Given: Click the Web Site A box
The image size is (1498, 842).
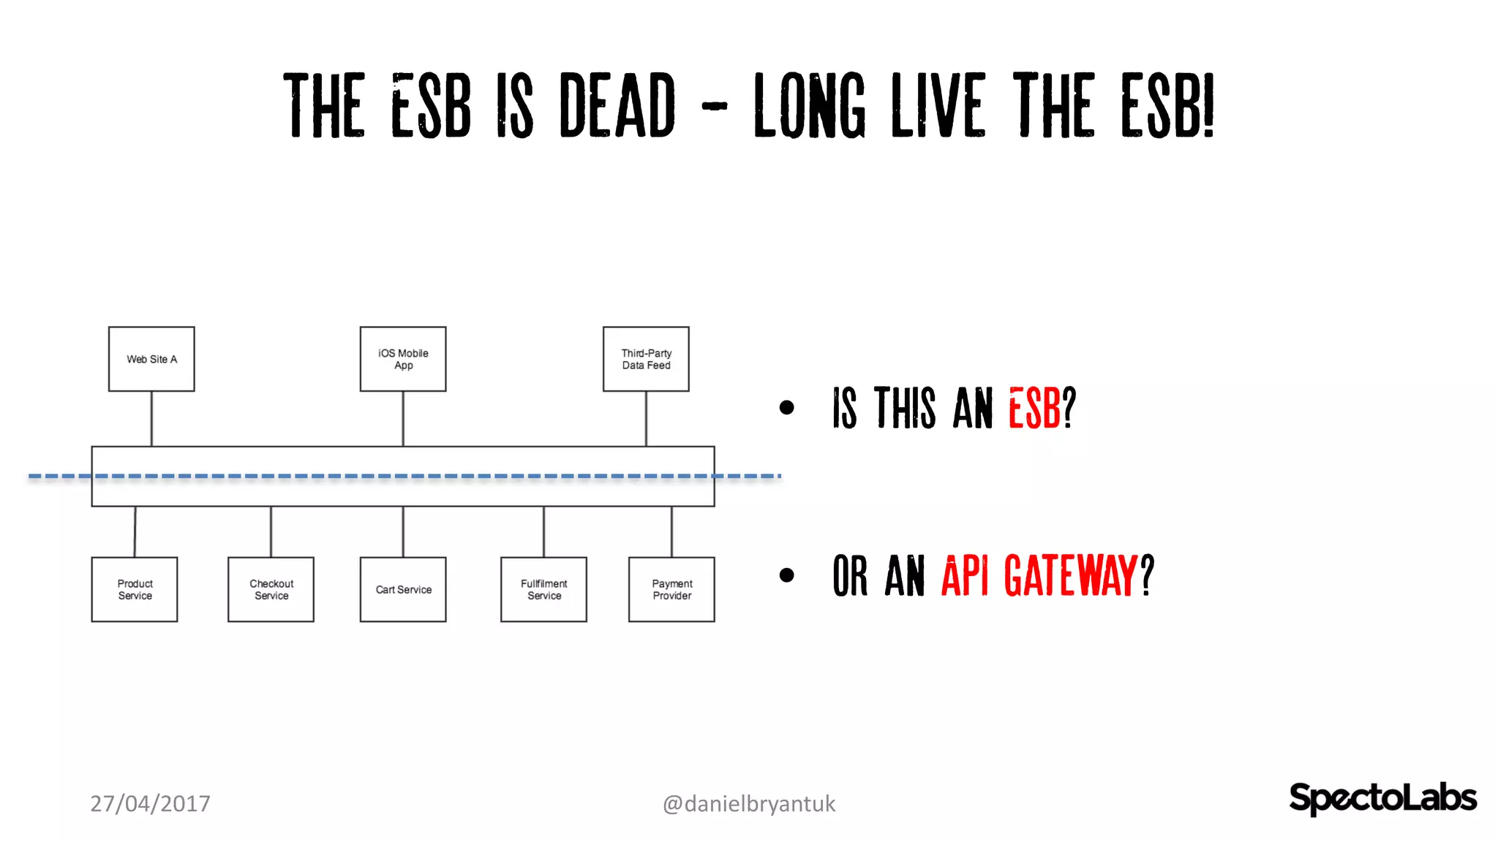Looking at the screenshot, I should pyautogui.click(x=151, y=359).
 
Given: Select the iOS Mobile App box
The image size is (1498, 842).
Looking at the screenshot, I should pyautogui.click(x=403, y=359).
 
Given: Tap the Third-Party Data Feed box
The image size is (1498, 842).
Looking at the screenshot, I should pyautogui.click(x=646, y=359).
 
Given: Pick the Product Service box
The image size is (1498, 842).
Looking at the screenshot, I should pyautogui.click(x=135, y=589).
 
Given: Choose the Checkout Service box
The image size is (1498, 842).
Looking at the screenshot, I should pyautogui.click(x=271, y=589).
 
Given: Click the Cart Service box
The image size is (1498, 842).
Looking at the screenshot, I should pyautogui.click(x=403, y=589).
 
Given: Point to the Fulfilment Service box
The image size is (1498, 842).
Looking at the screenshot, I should pyautogui.click(x=543, y=589).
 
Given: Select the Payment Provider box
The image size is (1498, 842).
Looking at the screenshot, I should pyautogui.click(x=671, y=589).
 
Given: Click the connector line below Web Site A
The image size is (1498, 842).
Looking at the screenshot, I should pyautogui.click(x=151, y=419).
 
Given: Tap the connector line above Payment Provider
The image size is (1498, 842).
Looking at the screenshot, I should pyautogui.click(x=671, y=532).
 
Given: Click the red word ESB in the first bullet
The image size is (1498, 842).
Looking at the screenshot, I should pyautogui.click(x=1034, y=408).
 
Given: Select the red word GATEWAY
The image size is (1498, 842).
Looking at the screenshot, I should pyautogui.click(x=1071, y=576).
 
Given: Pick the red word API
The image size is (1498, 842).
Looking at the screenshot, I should pyautogui.click(x=965, y=576).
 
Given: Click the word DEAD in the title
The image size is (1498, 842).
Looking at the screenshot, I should pyautogui.click(x=617, y=106).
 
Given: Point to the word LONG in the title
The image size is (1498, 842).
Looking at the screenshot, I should pyautogui.click(x=810, y=106).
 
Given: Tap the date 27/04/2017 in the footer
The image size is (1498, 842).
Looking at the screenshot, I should pyautogui.click(x=150, y=803).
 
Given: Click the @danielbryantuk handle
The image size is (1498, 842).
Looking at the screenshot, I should pyautogui.click(x=748, y=803).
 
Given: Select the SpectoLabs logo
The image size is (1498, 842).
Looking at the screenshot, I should pyautogui.click(x=1382, y=797).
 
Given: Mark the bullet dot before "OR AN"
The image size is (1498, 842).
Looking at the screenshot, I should pyautogui.click(x=786, y=575).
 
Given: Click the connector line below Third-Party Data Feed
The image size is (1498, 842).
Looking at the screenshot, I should pyautogui.click(x=646, y=419).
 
